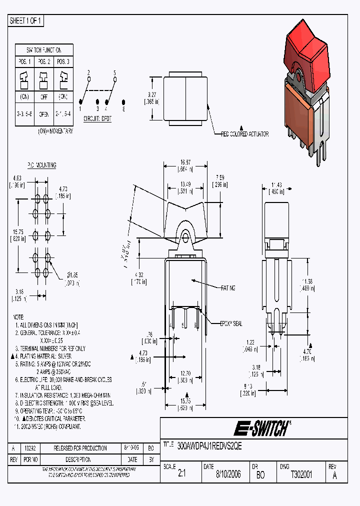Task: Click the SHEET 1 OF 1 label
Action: [26, 21]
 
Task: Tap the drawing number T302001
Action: [301, 475]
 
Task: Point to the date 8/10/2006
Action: [228, 475]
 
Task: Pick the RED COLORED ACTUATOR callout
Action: [245, 134]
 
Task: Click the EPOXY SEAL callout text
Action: [231, 323]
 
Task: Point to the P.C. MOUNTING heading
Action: [41, 165]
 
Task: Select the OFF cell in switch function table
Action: [44, 97]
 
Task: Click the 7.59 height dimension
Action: [220, 177]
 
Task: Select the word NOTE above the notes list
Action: [18, 317]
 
